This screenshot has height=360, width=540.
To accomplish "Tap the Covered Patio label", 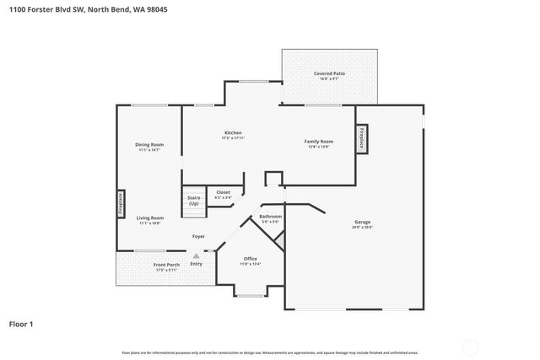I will (329, 74).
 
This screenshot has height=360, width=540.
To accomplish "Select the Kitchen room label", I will (233, 132).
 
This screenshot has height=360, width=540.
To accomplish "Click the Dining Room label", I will (149, 144).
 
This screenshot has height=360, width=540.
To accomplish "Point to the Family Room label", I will (319, 141).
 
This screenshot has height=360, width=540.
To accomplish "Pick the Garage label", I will (362, 222).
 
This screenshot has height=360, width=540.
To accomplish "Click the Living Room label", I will (150, 218).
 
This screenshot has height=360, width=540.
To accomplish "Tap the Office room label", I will (251, 259).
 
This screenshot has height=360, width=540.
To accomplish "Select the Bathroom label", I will (270, 217).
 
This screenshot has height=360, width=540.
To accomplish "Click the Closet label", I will (223, 192).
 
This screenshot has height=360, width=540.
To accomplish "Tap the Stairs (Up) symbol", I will (194, 201).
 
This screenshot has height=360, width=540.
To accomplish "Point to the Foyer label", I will (198, 236).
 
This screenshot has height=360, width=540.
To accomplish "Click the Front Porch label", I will (165, 265).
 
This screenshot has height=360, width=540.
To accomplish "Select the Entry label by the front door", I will (196, 264).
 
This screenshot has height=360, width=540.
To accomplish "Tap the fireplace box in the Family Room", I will (360, 137).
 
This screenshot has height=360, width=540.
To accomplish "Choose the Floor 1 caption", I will (21, 324).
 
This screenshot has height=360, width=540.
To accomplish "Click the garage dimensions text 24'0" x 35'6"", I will (362, 228).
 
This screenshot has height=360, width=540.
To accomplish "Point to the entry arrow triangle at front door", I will (196, 255).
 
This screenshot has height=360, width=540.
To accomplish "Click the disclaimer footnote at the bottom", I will (269, 352).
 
